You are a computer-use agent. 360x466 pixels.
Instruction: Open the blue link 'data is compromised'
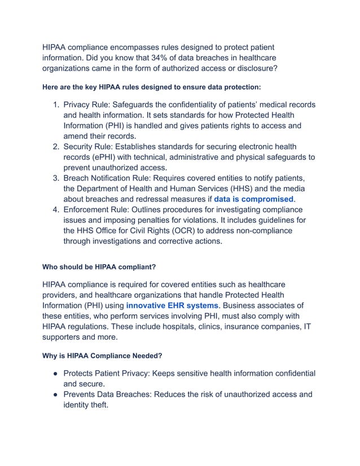(x=254, y=199)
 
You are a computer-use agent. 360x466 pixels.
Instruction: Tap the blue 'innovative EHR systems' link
(x=172, y=305)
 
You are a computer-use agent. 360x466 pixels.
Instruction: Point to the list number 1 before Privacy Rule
(x=55, y=105)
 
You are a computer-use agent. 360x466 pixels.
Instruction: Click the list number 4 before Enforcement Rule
(x=55, y=211)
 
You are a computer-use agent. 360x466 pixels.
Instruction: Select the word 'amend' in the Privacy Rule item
(x=77, y=136)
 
